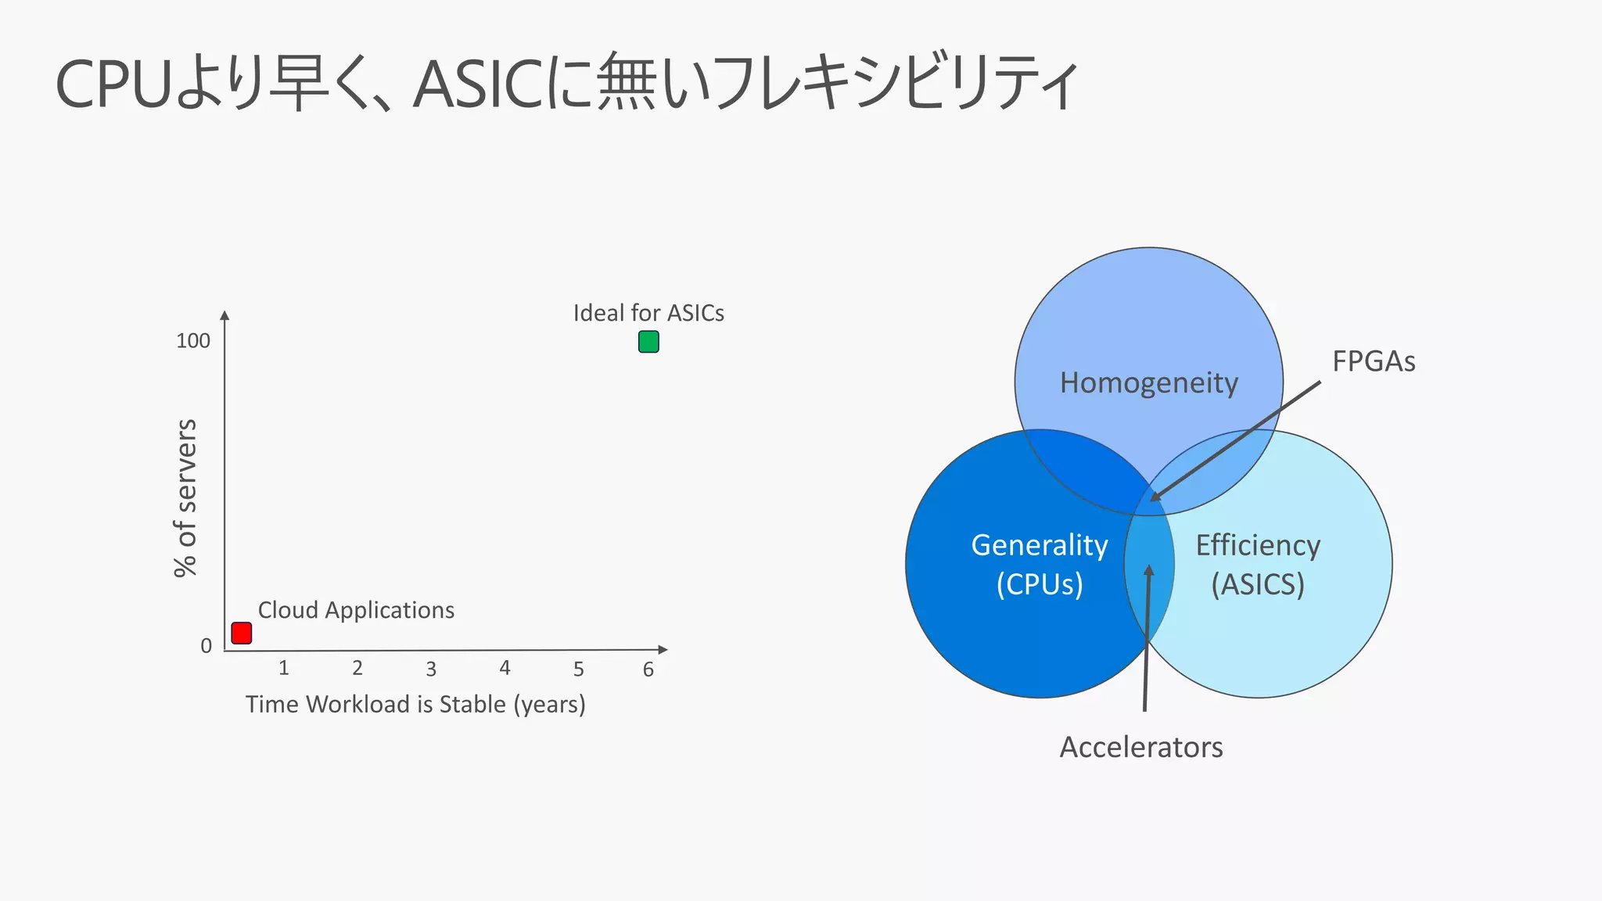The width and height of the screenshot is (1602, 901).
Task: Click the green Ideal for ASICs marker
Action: [x=648, y=342]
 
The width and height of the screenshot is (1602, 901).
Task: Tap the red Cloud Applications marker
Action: [x=242, y=633]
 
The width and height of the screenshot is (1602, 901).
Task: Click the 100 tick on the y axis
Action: [x=193, y=341]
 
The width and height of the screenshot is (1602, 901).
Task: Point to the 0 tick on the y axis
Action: [x=206, y=646]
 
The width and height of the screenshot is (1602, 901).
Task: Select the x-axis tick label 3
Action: [x=431, y=669]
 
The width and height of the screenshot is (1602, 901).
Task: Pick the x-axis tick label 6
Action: [x=648, y=669]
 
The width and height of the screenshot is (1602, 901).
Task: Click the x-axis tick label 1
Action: [x=284, y=668]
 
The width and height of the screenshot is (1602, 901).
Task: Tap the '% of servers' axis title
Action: [x=185, y=498]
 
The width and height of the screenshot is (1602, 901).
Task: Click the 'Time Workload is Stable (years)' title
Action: [x=415, y=704]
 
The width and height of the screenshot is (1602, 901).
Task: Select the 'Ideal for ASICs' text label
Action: [x=648, y=313]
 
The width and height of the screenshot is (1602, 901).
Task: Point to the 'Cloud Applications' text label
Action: [x=356, y=610]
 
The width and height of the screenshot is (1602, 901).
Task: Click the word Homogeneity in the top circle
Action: [x=1148, y=383]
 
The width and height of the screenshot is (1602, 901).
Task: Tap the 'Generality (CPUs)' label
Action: [x=1039, y=565]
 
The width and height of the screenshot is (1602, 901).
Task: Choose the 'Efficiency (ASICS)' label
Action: [x=1258, y=565]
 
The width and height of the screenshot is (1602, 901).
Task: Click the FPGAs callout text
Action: [x=1374, y=361]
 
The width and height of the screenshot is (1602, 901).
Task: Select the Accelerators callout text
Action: [x=1141, y=748]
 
